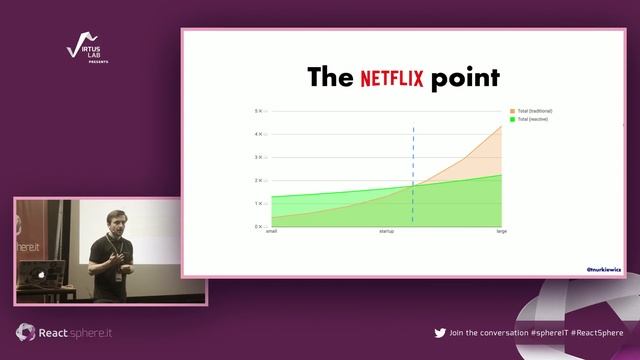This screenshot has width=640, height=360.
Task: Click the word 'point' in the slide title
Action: (465, 78)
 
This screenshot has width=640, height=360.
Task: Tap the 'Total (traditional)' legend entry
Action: (534, 111)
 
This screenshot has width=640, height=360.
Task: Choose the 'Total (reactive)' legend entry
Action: (532, 119)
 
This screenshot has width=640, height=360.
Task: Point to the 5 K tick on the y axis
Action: (258, 111)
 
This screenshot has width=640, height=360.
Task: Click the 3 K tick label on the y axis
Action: (258, 157)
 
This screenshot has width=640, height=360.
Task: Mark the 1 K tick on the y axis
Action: (258, 203)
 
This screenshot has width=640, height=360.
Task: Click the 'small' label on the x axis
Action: (271, 232)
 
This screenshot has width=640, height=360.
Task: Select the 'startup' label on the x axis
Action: (386, 232)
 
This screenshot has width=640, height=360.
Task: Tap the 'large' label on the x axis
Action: (501, 232)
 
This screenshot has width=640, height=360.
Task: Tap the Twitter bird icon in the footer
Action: (440, 333)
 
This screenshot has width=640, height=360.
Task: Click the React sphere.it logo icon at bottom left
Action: (25, 332)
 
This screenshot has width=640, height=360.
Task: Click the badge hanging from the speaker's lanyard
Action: (117, 277)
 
